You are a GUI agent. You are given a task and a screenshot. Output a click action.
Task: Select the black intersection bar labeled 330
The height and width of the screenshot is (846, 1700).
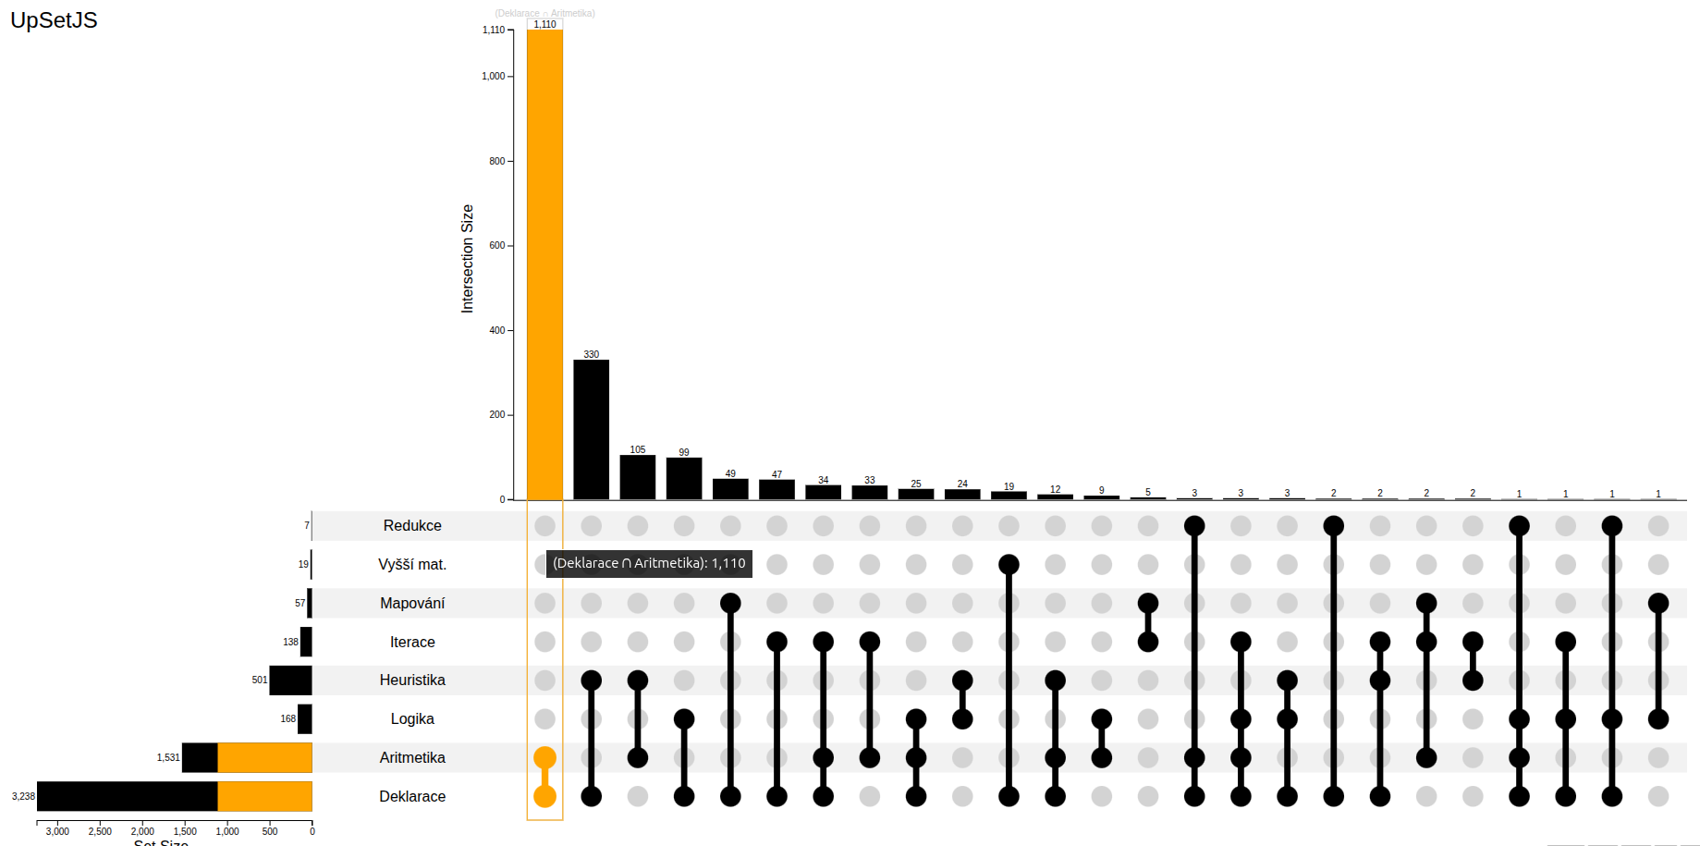tap(591, 429)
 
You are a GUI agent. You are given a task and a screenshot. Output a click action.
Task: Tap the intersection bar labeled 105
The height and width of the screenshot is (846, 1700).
tap(637, 477)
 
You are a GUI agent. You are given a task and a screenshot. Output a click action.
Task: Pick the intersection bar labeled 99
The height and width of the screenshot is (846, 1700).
tap(683, 478)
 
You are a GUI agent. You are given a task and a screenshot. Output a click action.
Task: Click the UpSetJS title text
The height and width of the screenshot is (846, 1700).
tap(54, 20)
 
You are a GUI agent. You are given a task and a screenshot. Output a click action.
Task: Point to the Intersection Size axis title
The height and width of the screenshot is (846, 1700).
tap(467, 259)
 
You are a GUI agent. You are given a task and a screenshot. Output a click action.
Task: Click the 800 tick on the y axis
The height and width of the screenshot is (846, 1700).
tap(497, 161)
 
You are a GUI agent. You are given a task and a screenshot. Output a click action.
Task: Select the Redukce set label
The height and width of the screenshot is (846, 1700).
tap(412, 525)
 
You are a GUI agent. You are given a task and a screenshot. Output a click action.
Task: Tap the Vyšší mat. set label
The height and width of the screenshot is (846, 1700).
tap(412, 564)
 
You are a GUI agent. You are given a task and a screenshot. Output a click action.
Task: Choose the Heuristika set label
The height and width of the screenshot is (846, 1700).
tap(412, 680)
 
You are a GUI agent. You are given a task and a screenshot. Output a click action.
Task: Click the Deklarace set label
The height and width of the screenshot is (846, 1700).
tap(412, 796)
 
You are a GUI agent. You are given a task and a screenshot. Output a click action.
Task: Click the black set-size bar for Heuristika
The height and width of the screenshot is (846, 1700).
tap(290, 680)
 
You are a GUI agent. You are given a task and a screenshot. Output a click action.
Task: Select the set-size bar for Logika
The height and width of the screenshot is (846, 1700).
tap(304, 718)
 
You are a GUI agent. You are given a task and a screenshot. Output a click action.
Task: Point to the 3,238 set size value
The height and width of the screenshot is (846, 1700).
tap(23, 796)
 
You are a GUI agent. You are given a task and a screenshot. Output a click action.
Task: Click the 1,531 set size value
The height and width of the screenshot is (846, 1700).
tap(168, 757)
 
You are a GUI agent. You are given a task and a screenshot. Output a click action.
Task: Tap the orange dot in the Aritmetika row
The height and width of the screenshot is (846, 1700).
tap(544, 757)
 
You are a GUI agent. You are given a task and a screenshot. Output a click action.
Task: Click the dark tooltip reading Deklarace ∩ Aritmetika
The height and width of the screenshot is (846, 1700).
tap(649, 563)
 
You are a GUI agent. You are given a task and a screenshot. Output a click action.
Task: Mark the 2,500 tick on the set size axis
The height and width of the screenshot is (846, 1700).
tap(100, 831)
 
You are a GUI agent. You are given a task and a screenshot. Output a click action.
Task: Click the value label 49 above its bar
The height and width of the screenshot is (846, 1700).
tap(730, 473)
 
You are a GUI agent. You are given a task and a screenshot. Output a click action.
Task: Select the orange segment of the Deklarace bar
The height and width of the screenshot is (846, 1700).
tap(264, 796)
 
